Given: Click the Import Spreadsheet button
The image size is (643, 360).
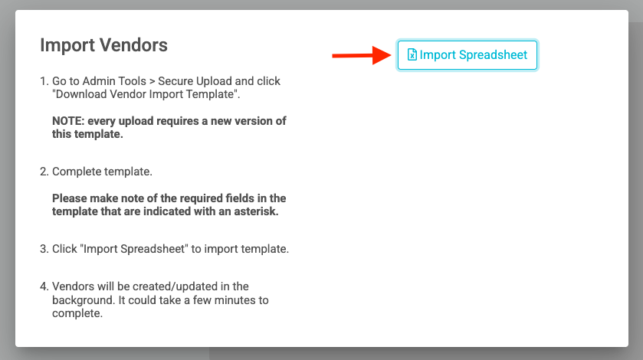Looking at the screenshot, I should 467,55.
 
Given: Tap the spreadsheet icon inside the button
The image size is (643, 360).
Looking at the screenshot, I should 412,55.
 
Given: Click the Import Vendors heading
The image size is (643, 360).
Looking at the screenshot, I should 103,45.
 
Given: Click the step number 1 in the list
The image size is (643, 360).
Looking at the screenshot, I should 43,81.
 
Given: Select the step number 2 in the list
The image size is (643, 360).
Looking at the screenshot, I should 43,172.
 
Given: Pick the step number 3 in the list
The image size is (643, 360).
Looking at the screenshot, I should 43,250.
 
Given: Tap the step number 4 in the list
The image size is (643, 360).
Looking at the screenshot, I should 43,286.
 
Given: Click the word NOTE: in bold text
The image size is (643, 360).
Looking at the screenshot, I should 67,121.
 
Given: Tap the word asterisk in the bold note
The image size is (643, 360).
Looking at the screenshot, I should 254,211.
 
